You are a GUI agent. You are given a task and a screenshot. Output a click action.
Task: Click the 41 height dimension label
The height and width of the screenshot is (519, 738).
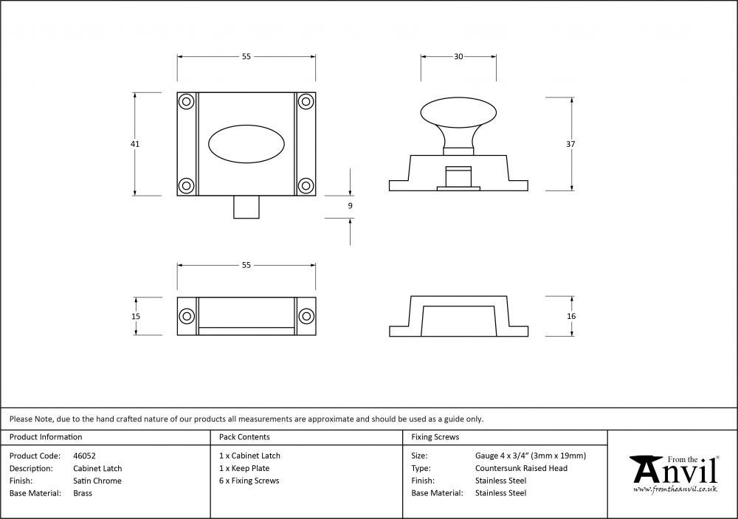tap(135, 144)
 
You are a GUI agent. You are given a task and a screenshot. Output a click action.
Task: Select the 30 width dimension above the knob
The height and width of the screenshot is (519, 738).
tap(458, 57)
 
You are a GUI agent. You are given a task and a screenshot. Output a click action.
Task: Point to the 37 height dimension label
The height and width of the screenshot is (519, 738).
tap(570, 144)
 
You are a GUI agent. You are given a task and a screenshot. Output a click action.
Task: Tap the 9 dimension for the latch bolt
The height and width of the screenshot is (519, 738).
tap(350, 206)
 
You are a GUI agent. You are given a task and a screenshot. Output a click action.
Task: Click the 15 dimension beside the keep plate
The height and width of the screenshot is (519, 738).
tap(136, 317)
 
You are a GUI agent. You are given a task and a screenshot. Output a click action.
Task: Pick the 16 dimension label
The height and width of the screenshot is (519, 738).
tap(571, 316)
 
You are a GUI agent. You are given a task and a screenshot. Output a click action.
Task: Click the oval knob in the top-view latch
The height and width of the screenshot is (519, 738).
tap(246, 144)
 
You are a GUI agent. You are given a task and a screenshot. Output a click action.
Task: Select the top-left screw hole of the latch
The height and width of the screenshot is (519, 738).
tap(187, 102)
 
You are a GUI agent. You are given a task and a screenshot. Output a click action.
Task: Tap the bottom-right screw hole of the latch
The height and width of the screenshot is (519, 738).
tap(306, 185)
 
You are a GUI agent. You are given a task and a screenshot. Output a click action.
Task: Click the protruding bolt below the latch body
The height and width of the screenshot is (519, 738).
tap(246, 207)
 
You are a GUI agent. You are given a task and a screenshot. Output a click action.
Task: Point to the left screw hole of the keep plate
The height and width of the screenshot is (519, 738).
tap(187, 316)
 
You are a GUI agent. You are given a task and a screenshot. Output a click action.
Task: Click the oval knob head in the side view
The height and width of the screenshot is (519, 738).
tap(458, 114)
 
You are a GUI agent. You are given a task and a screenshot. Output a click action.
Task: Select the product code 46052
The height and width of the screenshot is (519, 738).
tap(84, 456)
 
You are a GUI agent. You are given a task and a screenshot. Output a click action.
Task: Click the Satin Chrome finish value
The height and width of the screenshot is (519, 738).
tap(97, 481)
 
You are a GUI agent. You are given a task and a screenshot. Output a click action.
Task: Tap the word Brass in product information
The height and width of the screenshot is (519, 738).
tap(83, 493)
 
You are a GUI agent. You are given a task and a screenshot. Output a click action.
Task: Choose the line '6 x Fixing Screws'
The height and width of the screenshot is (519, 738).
tap(249, 481)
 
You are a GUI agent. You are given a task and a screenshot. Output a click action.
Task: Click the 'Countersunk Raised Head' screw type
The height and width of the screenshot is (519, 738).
tap(521, 468)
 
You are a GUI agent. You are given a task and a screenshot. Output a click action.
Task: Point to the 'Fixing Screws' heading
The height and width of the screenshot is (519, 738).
tap(435, 437)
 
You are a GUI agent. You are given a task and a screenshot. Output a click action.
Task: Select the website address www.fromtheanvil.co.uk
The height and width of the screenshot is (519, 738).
tap(675, 489)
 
